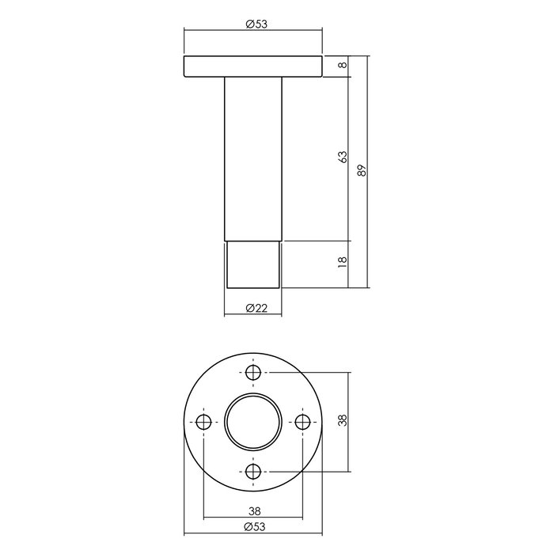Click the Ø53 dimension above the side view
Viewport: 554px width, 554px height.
click(253, 24)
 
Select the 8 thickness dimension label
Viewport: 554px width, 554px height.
click(342, 66)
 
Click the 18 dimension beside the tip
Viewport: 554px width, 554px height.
click(342, 264)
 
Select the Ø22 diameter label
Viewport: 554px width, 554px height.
click(253, 308)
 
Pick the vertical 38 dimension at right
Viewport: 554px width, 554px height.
click(342, 421)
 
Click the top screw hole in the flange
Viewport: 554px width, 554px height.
click(253, 373)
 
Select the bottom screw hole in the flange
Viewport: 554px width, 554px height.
click(253, 471)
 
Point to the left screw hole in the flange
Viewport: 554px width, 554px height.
click(204, 422)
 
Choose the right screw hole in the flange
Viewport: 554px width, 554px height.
click(302, 422)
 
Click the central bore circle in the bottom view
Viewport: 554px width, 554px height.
click(253, 422)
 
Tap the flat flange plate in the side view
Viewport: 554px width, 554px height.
click(253, 66)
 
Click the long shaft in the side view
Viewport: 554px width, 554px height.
click(253, 158)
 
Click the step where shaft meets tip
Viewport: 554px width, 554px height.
click(253, 240)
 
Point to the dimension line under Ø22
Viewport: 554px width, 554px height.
click(253, 316)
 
